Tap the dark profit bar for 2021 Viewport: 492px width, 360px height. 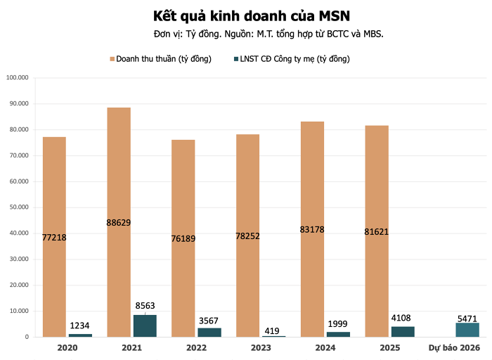[145, 326]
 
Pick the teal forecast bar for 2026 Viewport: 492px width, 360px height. [467, 330]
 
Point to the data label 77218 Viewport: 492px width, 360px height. [54, 238]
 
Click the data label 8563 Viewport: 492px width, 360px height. [144, 306]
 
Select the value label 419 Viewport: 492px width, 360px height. [273, 328]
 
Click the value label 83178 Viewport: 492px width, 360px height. [312, 230]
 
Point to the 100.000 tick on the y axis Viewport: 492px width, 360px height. [17, 77]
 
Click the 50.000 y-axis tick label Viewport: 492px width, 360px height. [18, 207]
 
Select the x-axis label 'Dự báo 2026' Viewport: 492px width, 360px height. [455, 348]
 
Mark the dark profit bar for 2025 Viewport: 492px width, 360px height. [403, 332]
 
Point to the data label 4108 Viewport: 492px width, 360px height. [403, 318]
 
